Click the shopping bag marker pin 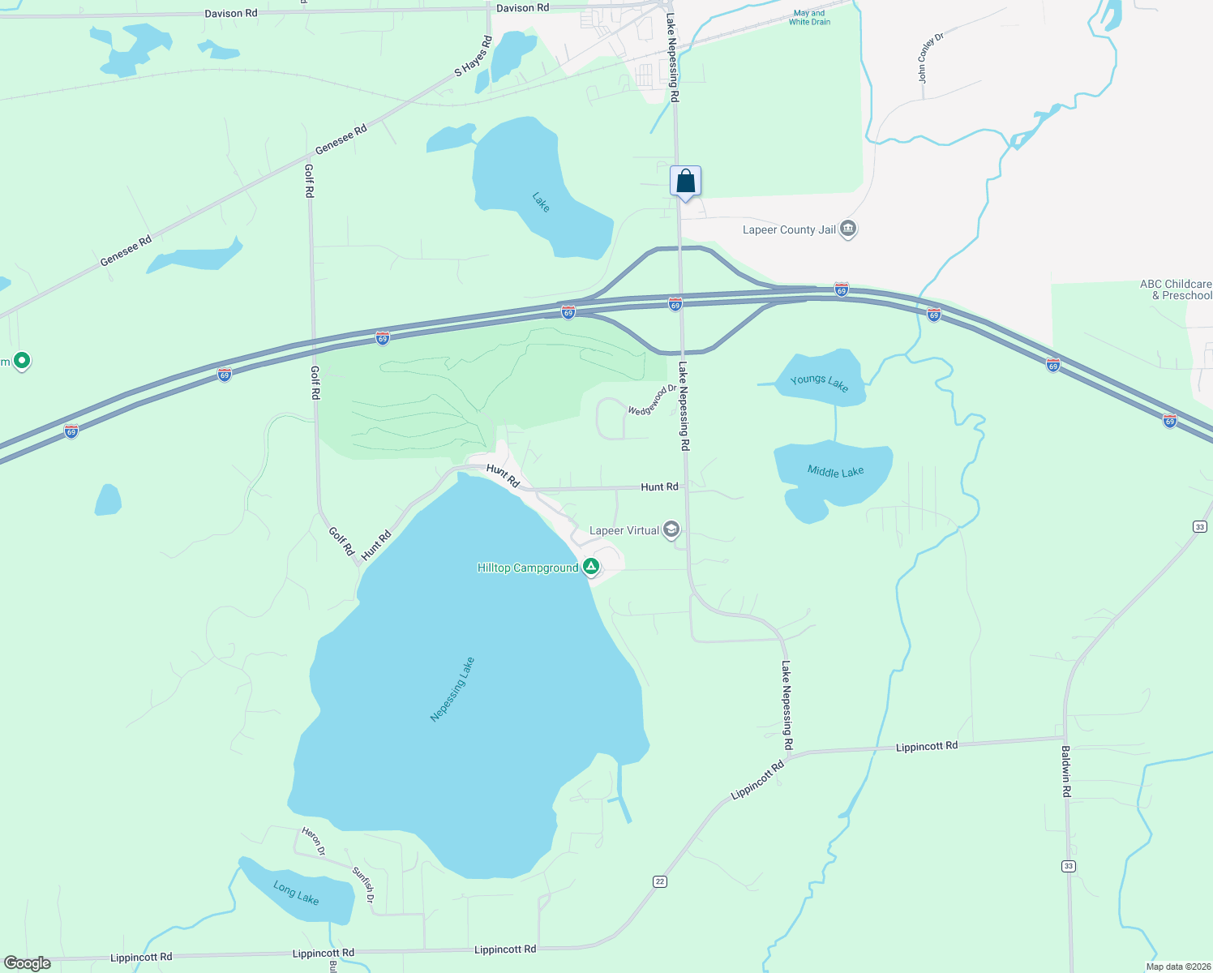tap(685, 181)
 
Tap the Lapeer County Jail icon tap(848, 229)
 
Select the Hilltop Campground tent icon tap(591, 567)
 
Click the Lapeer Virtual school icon tap(671, 530)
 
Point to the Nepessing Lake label tap(452, 689)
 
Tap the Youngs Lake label tap(819, 383)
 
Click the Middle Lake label tap(835, 471)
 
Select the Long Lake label tap(296, 893)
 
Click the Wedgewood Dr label tap(651, 400)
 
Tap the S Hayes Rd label tap(473, 56)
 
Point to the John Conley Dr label tap(931, 58)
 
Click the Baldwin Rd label tap(1066, 771)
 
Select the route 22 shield tap(660, 881)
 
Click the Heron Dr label tap(313, 842)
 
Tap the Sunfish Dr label tap(363, 885)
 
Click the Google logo tap(28, 963)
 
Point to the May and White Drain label tap(809, 18)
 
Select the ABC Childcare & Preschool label tap(1175, 289)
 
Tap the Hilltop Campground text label tap(528, 568)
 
